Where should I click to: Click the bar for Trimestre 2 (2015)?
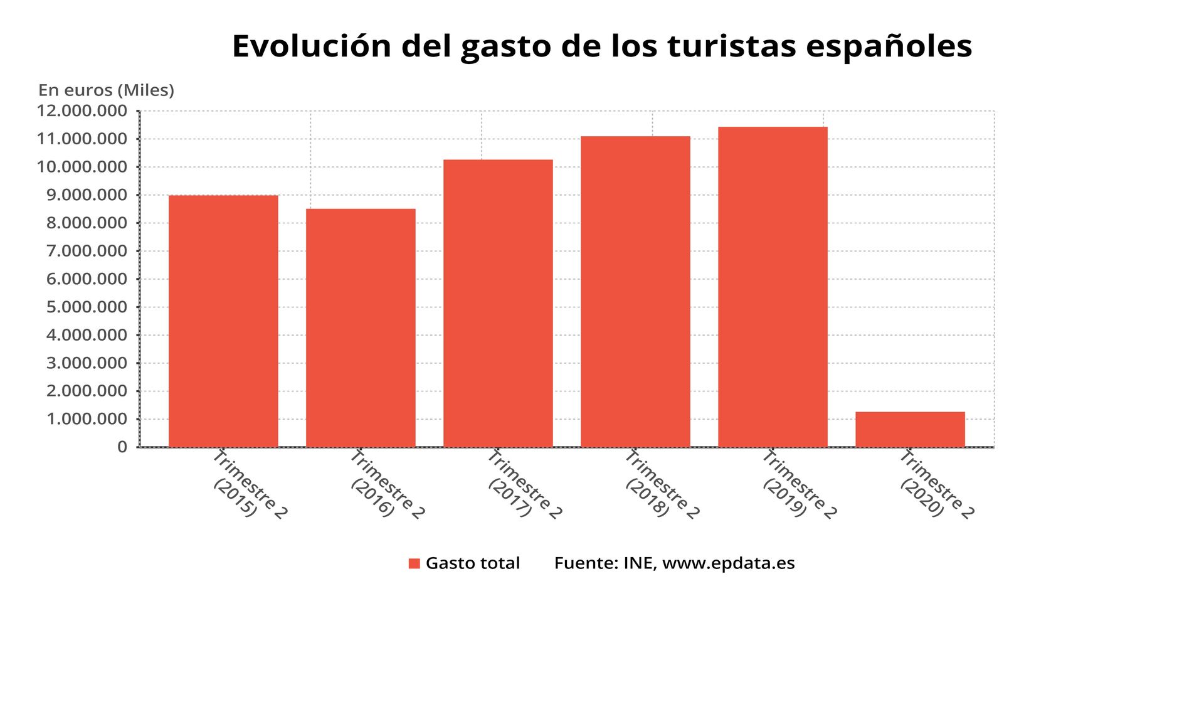223,321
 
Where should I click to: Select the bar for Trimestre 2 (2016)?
361,327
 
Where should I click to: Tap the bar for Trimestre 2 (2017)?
498,303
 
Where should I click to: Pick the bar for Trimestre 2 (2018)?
635,292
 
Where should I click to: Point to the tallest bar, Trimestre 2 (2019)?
773,287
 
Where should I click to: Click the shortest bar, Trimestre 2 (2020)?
910,429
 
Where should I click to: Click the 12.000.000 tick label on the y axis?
82,111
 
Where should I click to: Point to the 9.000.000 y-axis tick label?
87,195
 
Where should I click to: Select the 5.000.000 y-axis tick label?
87,307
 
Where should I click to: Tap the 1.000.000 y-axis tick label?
87,419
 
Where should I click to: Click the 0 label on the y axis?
122,447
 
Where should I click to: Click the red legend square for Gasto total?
414,563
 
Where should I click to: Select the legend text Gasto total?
473,563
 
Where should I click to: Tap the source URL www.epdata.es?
728,563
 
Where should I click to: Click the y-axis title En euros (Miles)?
106,90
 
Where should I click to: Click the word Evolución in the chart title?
311,46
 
